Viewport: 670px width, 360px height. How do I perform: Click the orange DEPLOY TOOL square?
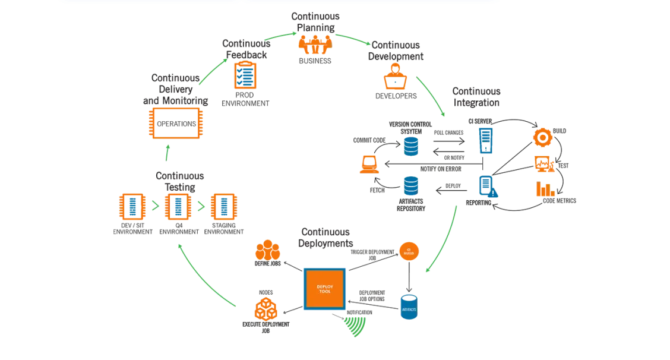click(x=324, y=289)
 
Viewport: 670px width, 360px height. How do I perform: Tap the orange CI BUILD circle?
click(x=409, y=251)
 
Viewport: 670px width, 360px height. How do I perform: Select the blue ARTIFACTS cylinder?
click(x=408, y=308)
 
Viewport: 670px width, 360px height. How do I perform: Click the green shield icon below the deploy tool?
click(x=355, y=326)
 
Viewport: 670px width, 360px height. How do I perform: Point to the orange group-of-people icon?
click(x=314, y=45)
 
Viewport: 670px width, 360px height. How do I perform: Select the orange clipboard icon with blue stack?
click(x=244, y=75)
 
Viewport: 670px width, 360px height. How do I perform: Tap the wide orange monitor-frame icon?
click(x=175, y=124)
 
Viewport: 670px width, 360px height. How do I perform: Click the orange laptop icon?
click(x=369, y=164)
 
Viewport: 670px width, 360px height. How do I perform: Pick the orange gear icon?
click(x=542, y=137)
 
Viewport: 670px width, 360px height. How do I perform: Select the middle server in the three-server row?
click(x=177, y=207)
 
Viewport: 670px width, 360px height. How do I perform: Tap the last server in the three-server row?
click(x=223, y=207)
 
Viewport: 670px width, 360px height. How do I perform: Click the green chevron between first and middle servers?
click(x=154, y=207)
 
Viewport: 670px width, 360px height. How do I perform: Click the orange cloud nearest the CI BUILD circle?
click(x=267, y=251)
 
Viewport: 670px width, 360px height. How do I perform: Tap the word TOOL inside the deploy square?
click(x=324, y=293)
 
